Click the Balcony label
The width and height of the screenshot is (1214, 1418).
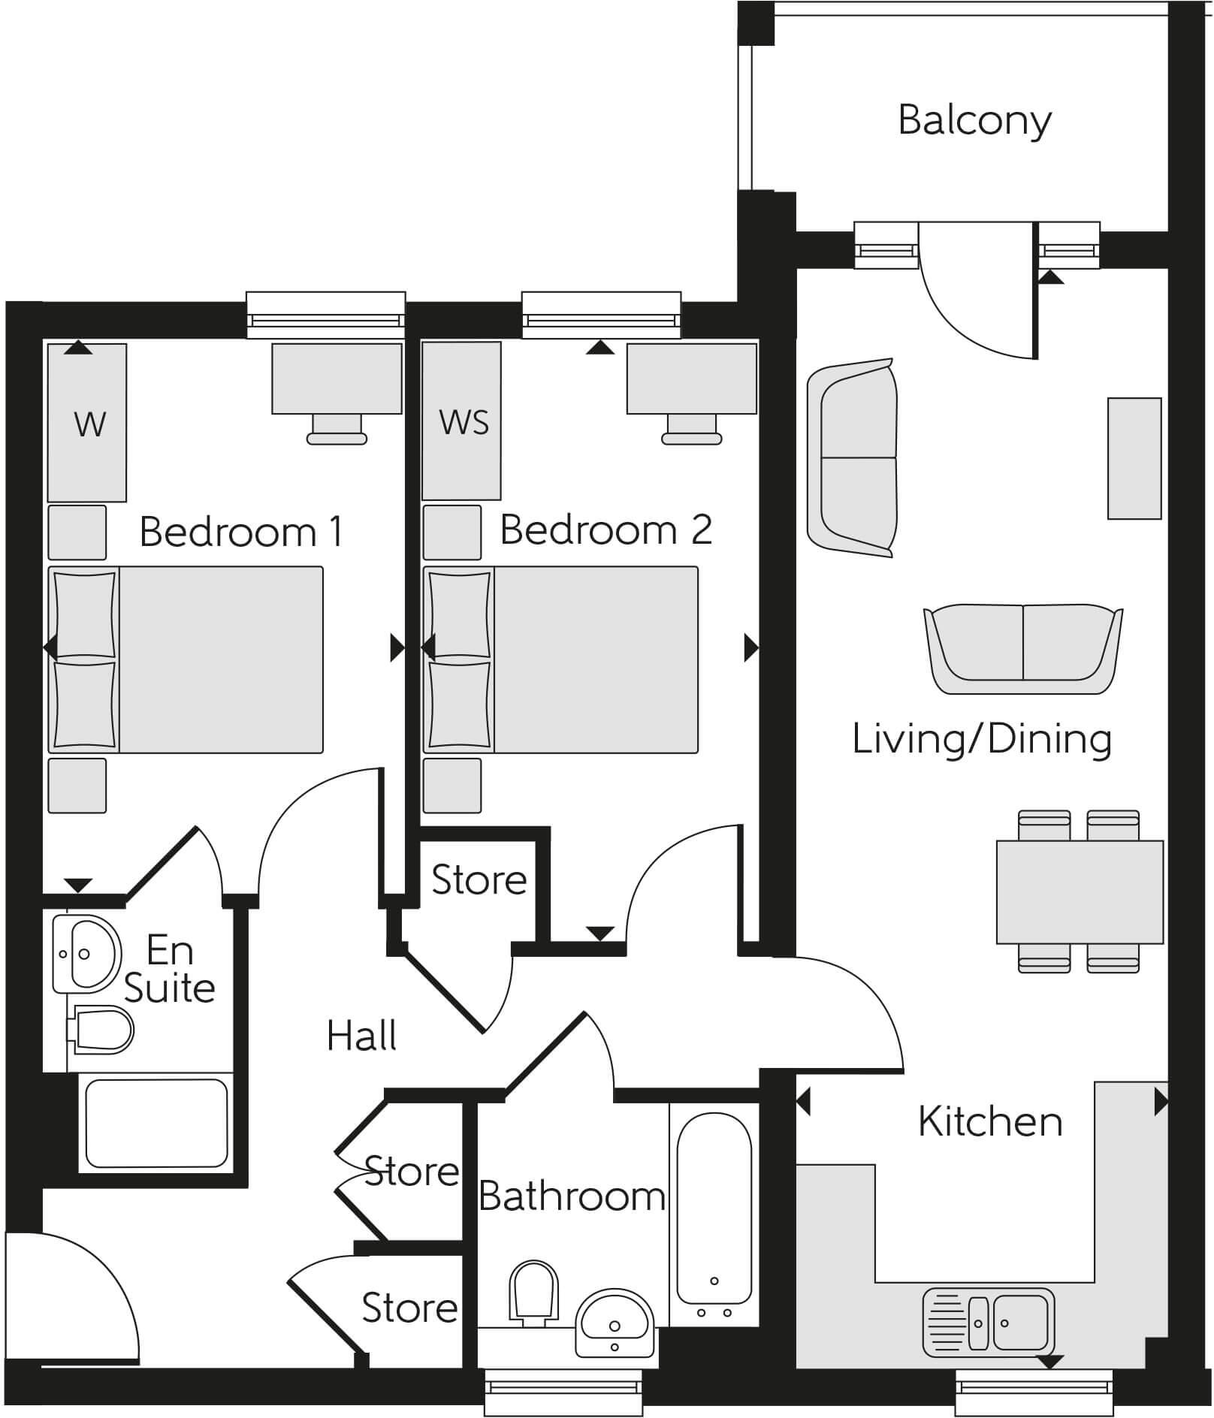pos(974,120)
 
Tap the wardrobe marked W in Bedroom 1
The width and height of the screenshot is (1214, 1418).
pos(87,423)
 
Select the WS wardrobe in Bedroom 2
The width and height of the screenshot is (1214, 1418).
pos(461,421)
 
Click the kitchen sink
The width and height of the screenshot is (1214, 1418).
pos(987,1323)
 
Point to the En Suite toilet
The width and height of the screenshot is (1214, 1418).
pos(102,1030)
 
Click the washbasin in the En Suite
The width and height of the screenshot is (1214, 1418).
pos(87,954)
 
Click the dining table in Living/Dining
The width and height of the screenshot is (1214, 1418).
pos(1080,892)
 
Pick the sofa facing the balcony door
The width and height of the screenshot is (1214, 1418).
pos(1022,648)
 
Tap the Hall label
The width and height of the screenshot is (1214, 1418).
pos(361,1036)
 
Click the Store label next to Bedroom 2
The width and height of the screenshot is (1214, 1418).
pos(479,879)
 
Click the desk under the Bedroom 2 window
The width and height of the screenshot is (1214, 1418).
pos(691,378)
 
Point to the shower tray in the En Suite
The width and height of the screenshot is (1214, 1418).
pos(156,1123)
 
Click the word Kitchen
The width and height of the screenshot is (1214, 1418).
pos(990,1122)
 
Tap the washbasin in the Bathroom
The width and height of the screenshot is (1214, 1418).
pos(614,1324)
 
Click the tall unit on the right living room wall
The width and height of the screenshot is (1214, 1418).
pos(1134,458)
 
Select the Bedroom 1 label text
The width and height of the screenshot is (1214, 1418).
pos(241,532)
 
